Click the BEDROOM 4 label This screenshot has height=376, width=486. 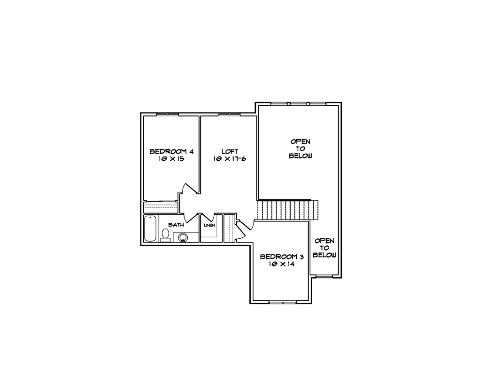[171, 152]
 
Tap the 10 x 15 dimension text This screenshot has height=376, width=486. [171, 159]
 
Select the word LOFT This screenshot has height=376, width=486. [230, 151]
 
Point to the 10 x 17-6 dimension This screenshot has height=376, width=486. [230, 159]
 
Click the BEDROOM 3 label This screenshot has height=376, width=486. [282, 257]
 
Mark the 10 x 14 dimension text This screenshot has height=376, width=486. [282, 264]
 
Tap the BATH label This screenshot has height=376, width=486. [176, 225]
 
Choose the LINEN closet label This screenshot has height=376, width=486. [209, 225]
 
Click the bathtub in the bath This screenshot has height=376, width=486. [150, 228]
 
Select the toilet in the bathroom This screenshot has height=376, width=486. [165, 235]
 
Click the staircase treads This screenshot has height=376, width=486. [288, 210]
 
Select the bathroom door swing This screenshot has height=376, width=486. [189, 216]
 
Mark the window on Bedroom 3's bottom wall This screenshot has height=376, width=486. [282, 302]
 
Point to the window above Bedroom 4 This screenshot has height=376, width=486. [168, 114]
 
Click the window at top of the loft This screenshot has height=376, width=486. [229, 114]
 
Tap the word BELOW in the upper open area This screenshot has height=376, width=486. [301, 156]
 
